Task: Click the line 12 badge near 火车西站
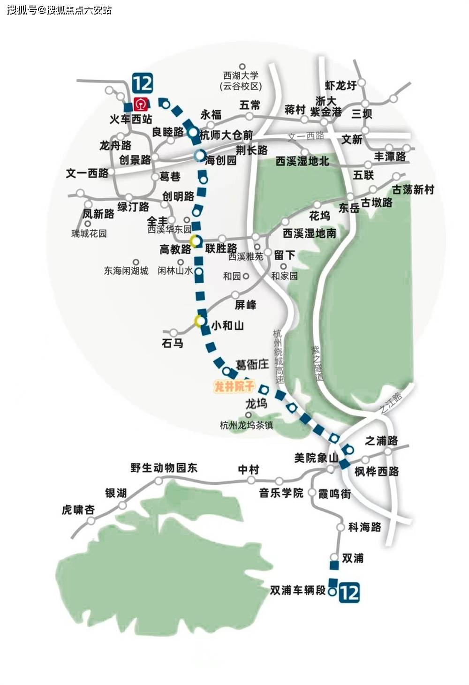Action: (143, 83)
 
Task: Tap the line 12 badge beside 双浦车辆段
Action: (349, 592)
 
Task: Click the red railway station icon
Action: (140, 104)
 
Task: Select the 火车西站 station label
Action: (131, 119)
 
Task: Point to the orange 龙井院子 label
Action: (234, 386)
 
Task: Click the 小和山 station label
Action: (227, 325)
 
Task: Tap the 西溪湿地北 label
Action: (302, 161)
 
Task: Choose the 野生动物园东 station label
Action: (164, 467)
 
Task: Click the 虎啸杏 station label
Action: (78, 510)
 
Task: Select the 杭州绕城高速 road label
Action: (279, 356)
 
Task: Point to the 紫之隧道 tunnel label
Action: (318, 363)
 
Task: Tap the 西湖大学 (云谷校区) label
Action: (241, 81)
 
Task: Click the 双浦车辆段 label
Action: (297, 590)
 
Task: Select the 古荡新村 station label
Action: (413, 190)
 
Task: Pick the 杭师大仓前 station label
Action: (226, 135)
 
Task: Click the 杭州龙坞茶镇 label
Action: (246, 425)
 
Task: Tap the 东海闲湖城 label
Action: (126, 271)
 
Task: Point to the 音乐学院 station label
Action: (281, 493)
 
